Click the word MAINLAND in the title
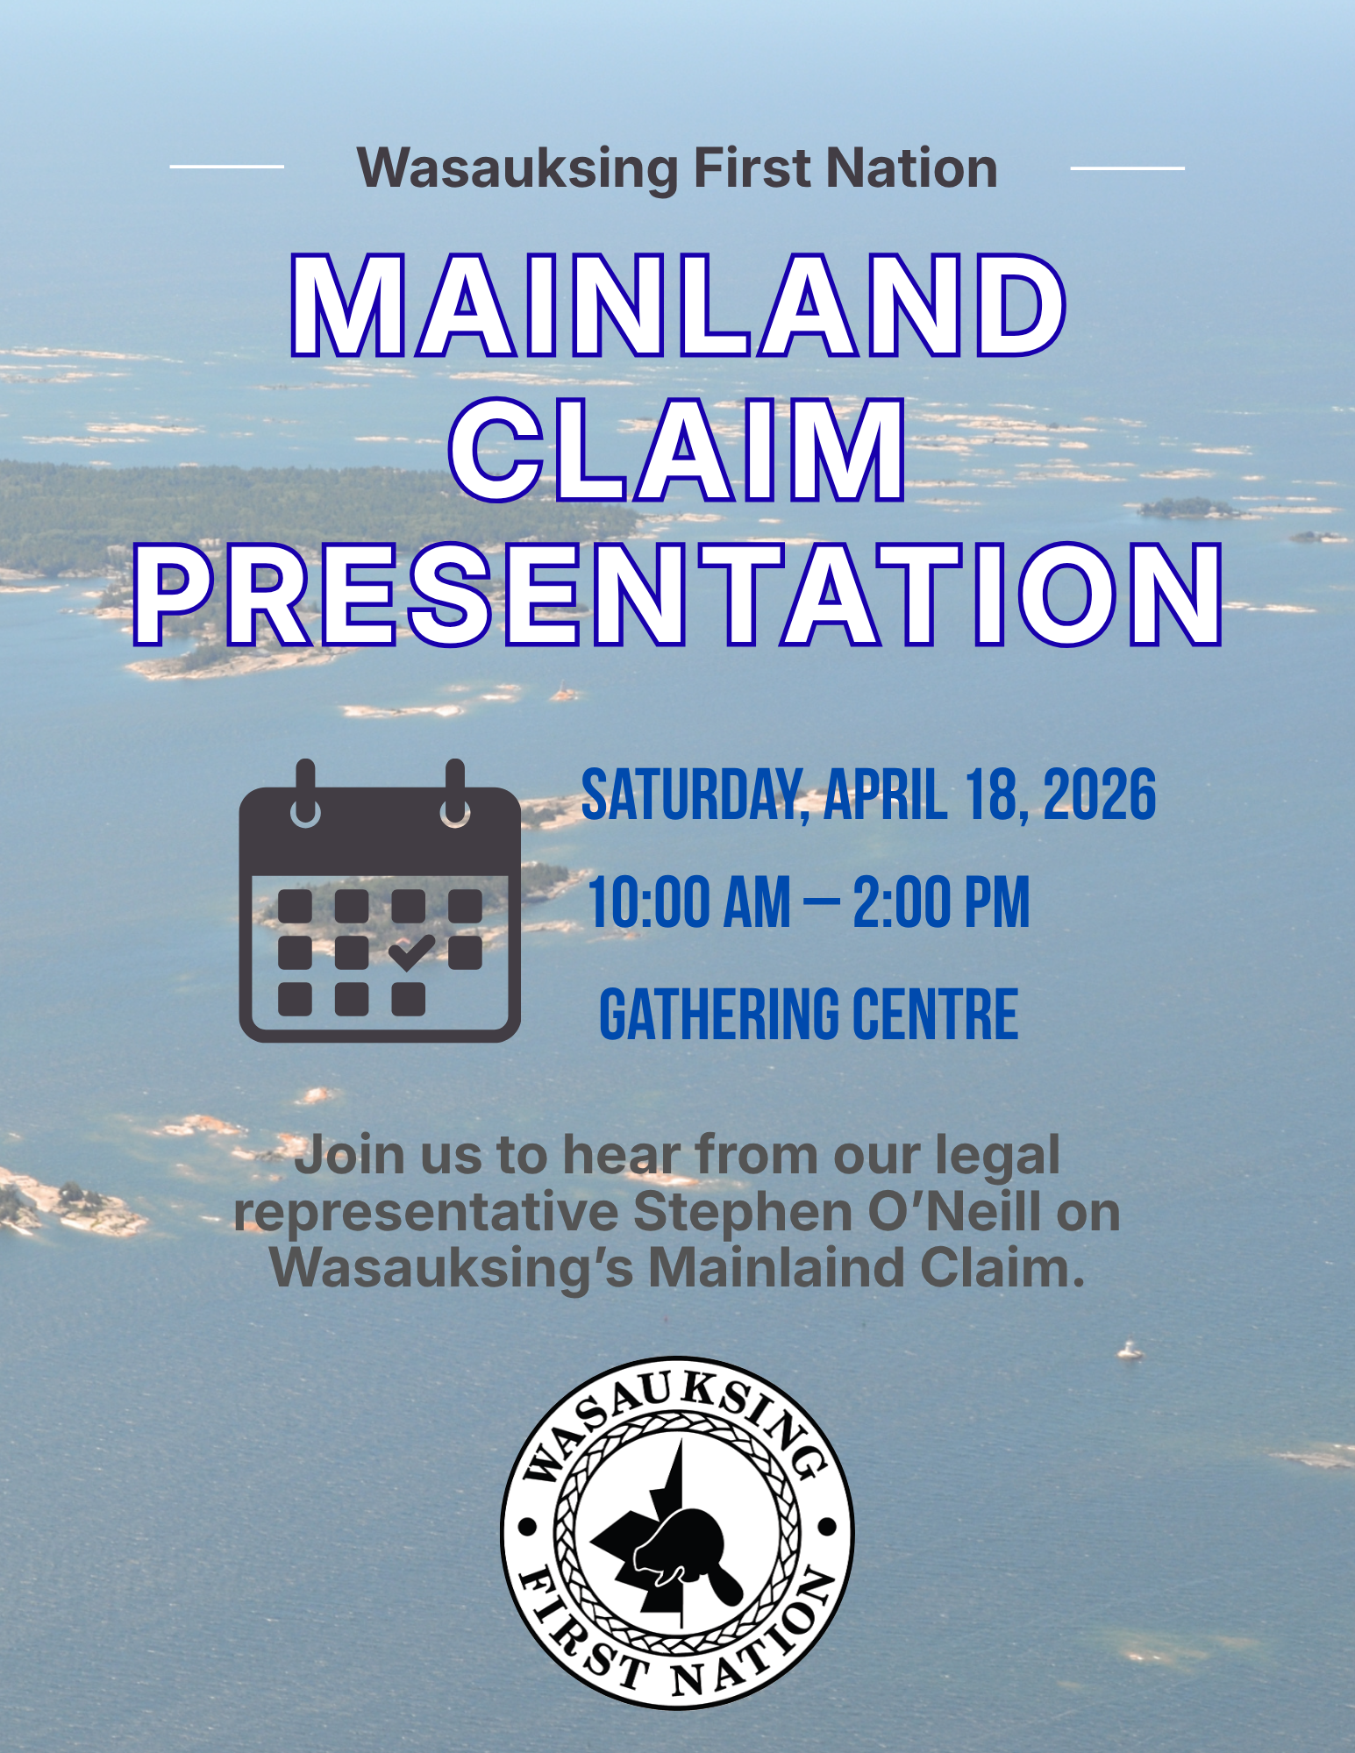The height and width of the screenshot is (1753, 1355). [x=678, y=305]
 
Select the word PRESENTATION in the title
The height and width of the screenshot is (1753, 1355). [x=678, y=595]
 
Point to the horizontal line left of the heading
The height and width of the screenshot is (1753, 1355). [x=226, y=166]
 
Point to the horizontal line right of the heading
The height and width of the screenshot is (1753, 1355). [x=1128, y=167]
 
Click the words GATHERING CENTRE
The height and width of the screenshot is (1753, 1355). [x=809, y=1014]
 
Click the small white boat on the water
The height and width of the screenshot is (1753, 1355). [x=1130, y=1350]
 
